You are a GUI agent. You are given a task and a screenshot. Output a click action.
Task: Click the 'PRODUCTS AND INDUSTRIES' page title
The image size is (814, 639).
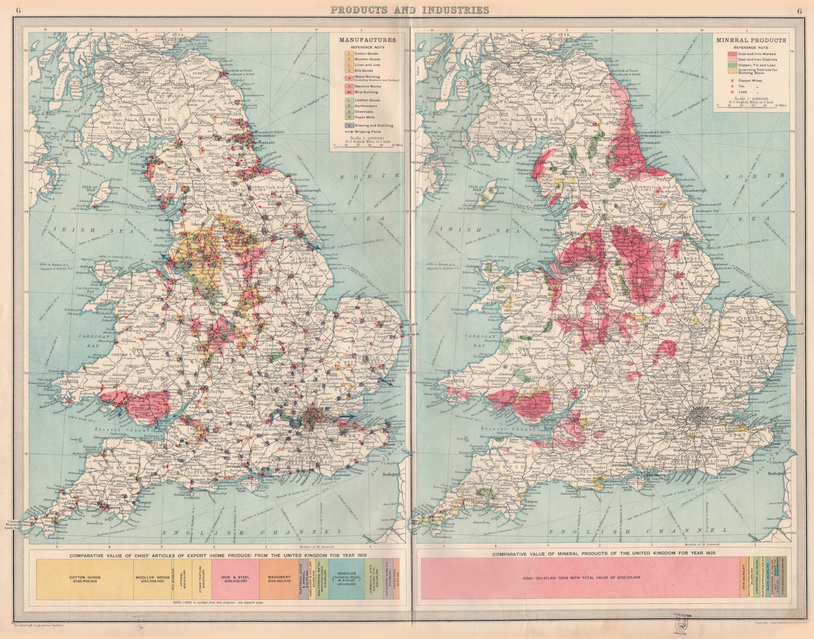(410, 10)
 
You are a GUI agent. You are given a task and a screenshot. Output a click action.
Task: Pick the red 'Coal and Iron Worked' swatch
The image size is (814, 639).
(732, 54)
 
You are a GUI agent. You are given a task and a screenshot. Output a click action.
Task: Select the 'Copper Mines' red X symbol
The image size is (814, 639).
(732, 80)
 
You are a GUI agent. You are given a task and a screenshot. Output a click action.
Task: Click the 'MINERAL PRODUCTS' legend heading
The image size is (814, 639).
(751, 40)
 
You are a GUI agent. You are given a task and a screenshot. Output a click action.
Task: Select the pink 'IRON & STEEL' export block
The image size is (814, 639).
(235, 579)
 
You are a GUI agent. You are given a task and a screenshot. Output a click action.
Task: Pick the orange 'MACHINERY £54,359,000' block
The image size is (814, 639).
(278, 579)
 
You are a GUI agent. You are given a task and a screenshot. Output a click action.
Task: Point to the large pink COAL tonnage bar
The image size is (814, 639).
(580, 579)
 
